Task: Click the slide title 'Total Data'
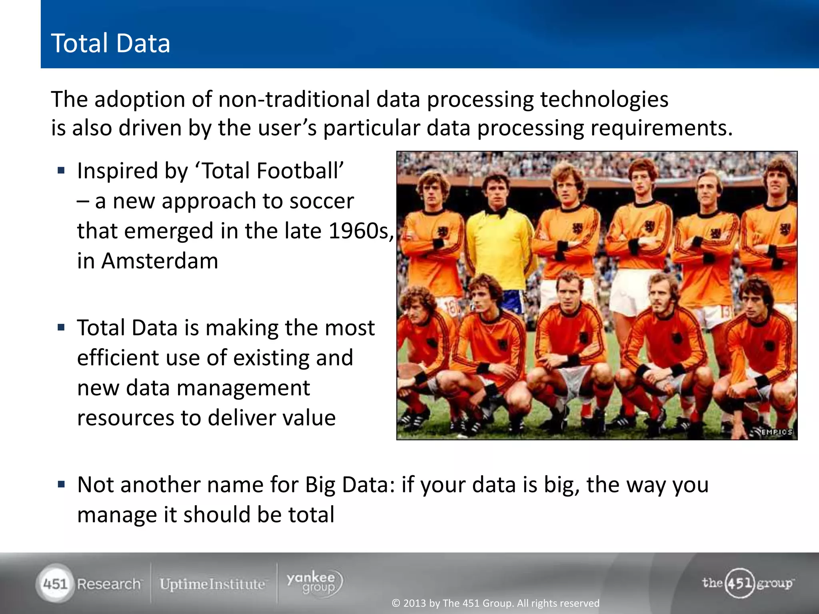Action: coord(110,43)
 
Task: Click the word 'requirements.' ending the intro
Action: coord(661,129)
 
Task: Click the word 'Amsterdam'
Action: coord(160,261)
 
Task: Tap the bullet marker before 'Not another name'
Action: coord(61,485)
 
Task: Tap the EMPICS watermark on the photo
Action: coord(775,432)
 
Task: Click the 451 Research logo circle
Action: coord(55,584)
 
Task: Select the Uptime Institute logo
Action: coord(212,584)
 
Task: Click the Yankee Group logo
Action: coord(314,583)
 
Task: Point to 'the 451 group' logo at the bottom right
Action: coord(747,583)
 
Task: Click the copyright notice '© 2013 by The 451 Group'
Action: coord(495,603)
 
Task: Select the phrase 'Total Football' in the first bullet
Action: coord(270,171)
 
